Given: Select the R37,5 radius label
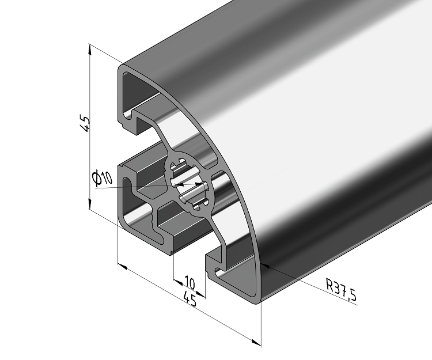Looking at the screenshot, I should (341, 290).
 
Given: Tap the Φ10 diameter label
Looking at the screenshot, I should (102, 179).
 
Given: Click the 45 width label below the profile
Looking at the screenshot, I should (190, 298).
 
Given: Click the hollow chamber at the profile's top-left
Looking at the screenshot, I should (138, 92).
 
